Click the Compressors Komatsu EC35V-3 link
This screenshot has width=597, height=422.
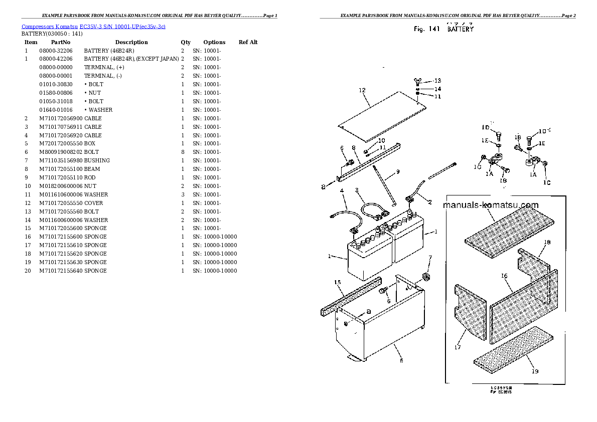tap(93, 26)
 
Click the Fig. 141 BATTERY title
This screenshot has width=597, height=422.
tap(443, 29)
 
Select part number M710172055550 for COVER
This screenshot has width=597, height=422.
tap(61, 203)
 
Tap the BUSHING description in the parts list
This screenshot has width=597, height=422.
tap(97, 160)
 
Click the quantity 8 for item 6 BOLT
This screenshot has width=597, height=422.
tap(183, 152)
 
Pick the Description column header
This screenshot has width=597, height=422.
tap(131, 42)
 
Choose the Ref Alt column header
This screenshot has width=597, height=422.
tap(248, 42)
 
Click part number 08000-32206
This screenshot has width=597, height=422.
tap(56, 51)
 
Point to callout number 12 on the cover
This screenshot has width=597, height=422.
tap(362, 90)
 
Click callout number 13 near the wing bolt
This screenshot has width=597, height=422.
tap(437, 81)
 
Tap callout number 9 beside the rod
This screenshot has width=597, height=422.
tap(397, 172)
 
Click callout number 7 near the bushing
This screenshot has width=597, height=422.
tap(429, 257)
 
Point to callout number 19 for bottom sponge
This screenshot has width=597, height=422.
tap(535, 371)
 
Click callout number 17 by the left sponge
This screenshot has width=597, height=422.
tap(458, 347)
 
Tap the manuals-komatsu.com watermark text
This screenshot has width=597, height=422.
tap(491, 205)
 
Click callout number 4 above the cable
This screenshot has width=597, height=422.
tap(341, 191)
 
